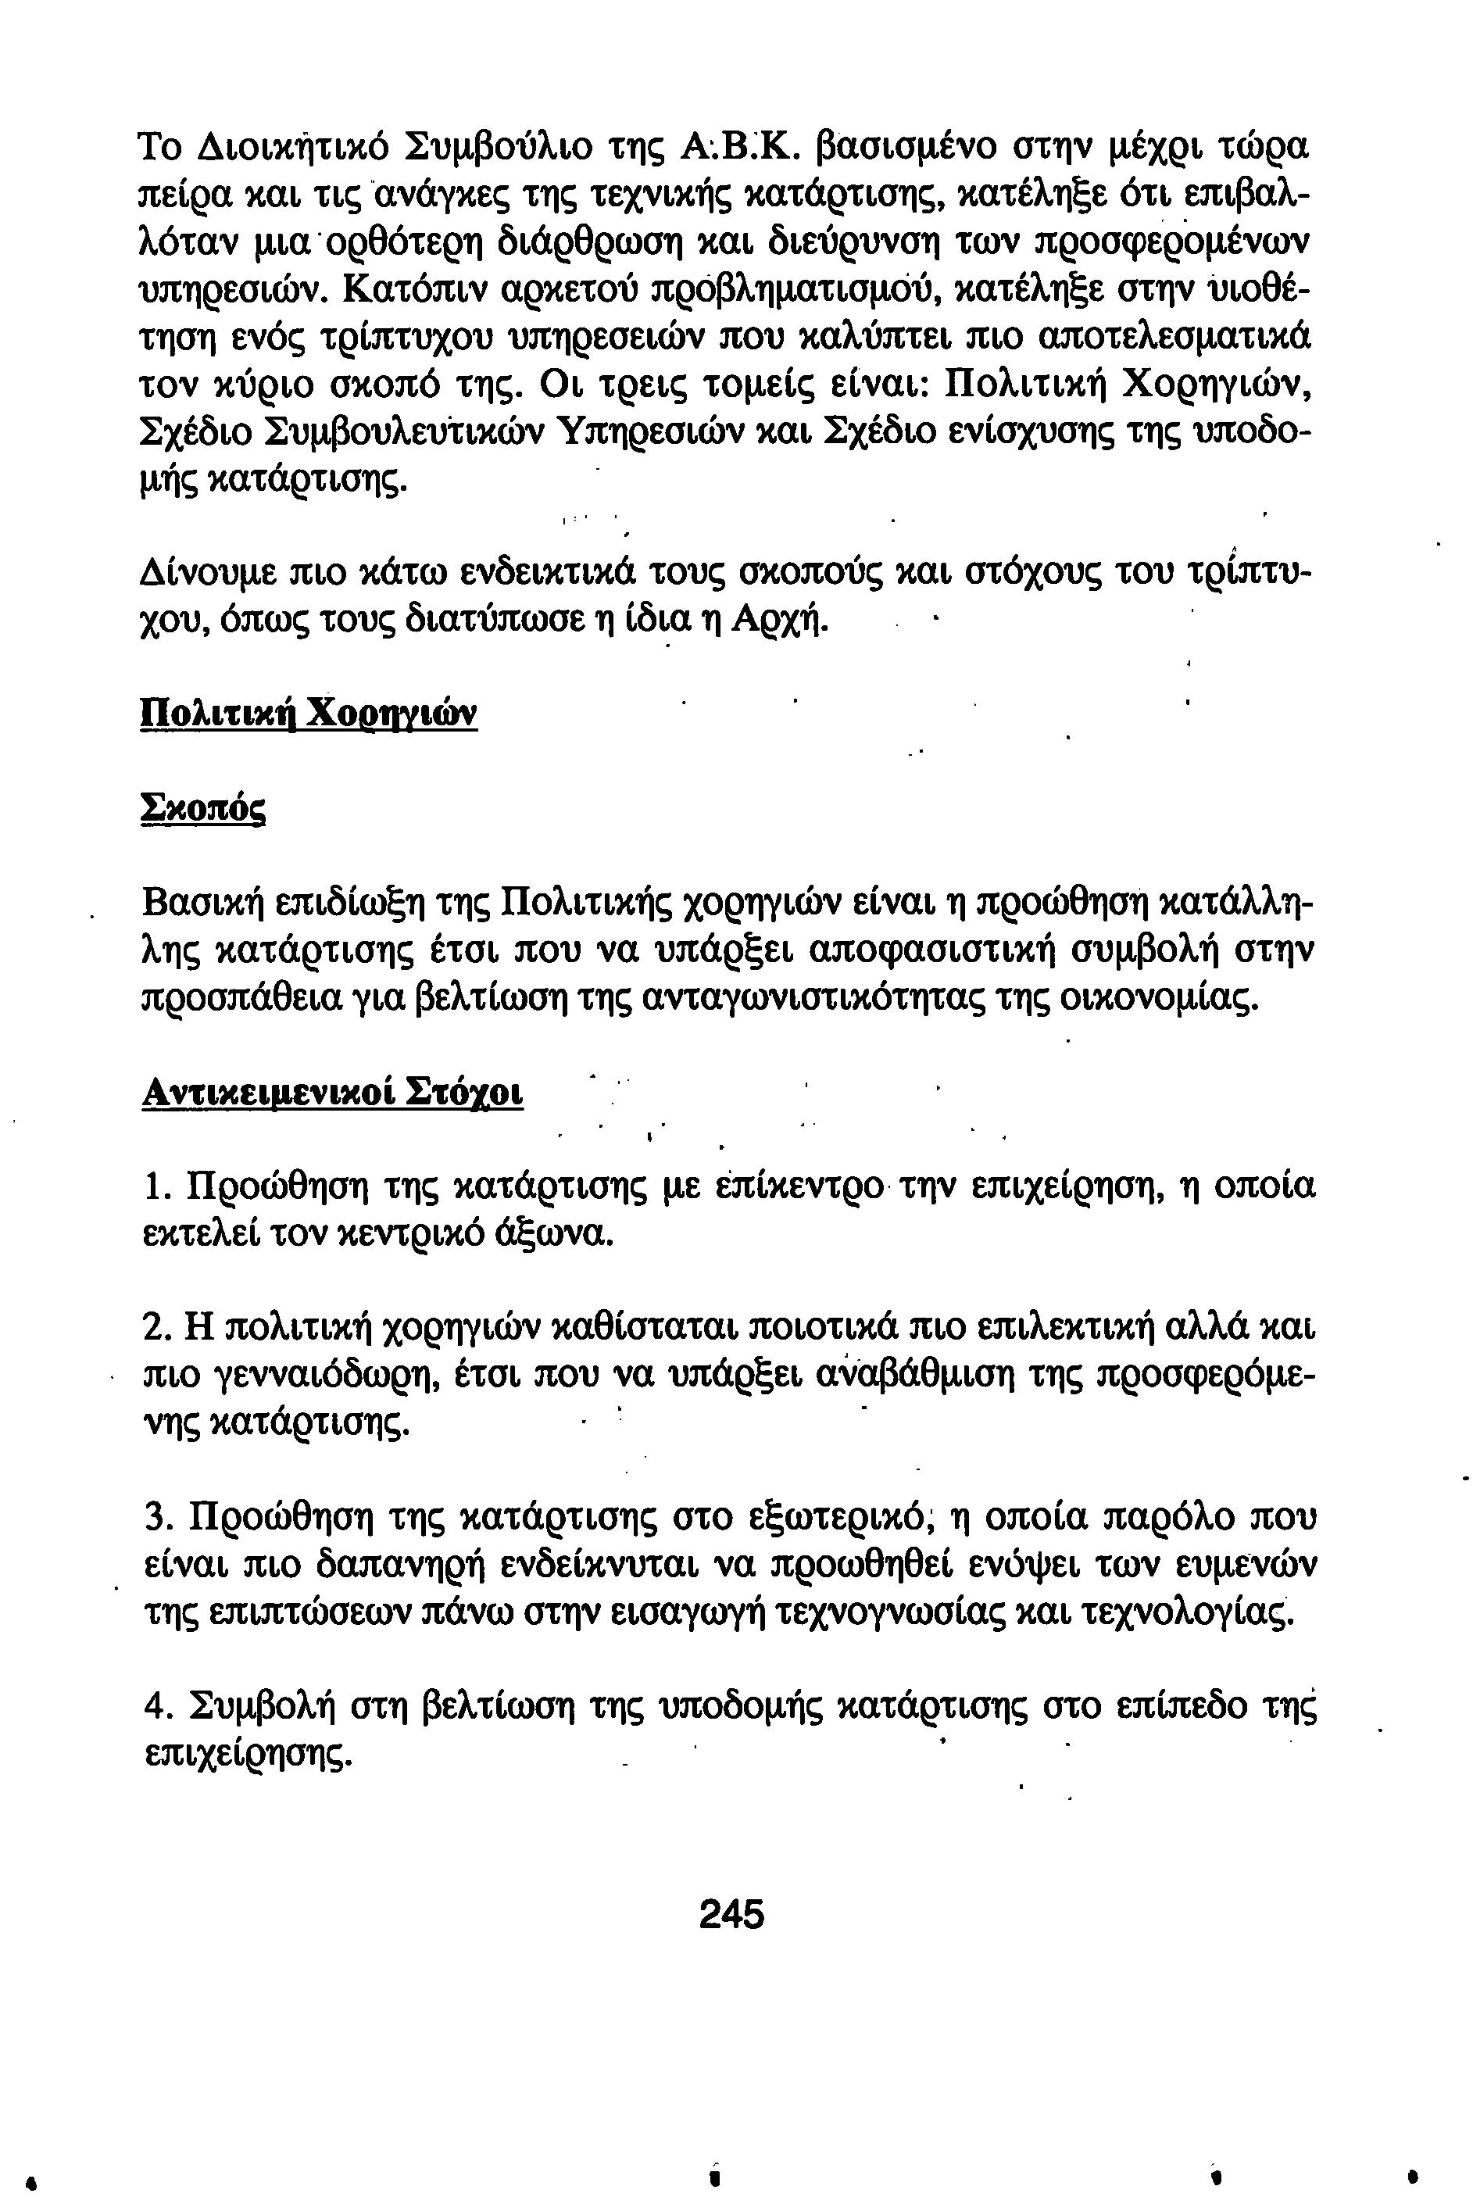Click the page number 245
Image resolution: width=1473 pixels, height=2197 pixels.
click(x=731, y=1913)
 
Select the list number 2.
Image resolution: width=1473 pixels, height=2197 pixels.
click(x=156, y=1328)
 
